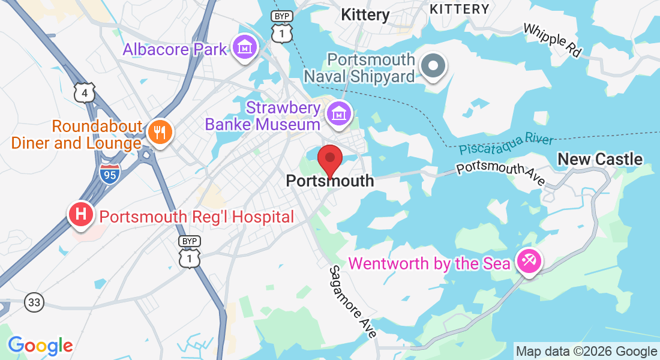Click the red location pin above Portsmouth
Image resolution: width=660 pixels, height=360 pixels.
[330, 159]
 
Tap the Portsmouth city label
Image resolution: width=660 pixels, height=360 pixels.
[330, 181]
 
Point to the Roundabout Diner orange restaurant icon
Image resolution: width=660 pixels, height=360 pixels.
[159, 133]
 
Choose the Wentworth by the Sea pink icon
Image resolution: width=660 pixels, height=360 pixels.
[529, 262]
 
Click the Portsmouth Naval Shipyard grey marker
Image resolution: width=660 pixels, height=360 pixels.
[433, 65]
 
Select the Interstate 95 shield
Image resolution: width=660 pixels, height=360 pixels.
[110, 173]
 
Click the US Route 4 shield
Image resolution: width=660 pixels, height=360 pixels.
[85, 92]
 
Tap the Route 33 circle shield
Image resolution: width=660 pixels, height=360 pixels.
[34, 302]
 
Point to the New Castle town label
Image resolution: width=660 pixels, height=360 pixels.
[600, 159]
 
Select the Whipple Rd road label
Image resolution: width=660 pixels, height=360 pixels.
[552, 40]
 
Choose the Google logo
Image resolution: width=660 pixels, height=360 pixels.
[40, 346]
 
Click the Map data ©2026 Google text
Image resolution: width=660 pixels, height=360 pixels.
[587, 352]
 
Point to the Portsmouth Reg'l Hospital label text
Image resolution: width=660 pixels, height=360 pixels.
[196, 217]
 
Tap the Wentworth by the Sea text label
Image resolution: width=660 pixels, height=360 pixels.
[429, 263]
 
